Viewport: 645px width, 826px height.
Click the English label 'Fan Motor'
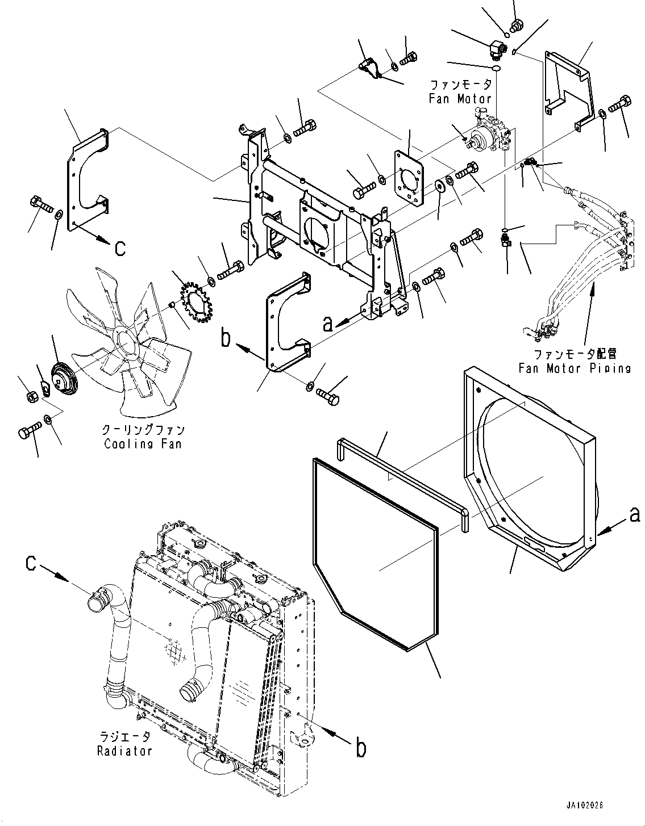[460, 99]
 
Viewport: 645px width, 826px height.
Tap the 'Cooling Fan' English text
[143, 443]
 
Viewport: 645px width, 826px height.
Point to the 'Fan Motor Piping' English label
[575, 368]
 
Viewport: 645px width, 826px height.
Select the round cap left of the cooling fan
[64, 380]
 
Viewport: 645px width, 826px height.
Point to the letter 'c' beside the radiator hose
[31, 573]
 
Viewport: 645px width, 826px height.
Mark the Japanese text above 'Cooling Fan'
[143, 430]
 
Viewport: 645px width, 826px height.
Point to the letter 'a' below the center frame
[328, 324]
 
